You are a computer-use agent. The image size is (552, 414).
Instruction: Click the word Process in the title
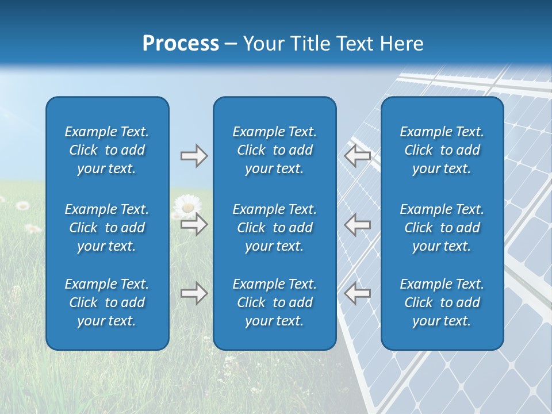click(181, 44)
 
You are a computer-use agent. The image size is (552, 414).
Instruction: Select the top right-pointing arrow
click(194, 156)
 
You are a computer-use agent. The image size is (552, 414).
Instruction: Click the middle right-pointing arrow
click(194, 224)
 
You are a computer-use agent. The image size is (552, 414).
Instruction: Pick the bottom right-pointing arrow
click(194, 293)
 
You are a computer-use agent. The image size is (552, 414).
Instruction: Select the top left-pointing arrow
click(357, 156)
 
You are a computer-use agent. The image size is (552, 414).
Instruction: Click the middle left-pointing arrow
click(357, 224)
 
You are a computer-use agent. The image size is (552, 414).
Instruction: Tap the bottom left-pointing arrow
click(357, 293)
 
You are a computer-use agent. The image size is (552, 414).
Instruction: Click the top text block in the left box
click(107, 150)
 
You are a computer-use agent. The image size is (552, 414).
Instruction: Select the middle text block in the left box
click(107, 228)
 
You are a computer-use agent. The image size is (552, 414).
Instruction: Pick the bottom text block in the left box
click(107, 302)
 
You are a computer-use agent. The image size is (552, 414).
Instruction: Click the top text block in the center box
click(274, 150)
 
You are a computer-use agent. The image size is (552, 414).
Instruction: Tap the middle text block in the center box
click(274, 228)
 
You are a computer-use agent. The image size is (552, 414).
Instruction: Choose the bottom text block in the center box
click(274, 302)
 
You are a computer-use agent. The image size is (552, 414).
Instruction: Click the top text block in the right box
click(442, 150)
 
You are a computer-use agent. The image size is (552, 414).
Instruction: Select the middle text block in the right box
click(442, 228)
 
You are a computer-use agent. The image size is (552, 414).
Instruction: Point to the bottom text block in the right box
click(442, 302)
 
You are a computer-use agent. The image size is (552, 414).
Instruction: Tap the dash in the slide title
click(231, 44)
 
